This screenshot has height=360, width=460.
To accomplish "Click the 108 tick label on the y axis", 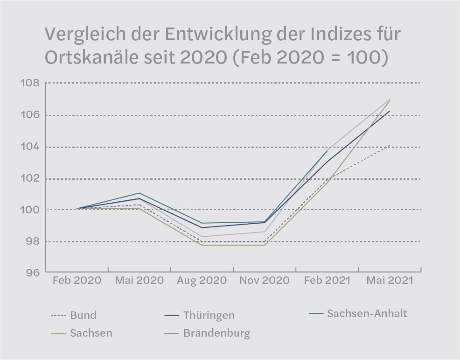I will point(29,84).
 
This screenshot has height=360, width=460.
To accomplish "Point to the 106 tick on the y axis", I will point(29,115).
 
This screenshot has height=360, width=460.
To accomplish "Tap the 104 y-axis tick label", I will point(29,147).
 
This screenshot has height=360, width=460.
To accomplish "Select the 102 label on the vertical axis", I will point(29,179).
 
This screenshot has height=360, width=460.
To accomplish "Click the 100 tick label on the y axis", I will point(29,210).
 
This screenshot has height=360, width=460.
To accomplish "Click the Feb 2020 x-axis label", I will point(77,281).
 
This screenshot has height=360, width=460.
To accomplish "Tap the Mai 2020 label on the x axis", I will point(139,281).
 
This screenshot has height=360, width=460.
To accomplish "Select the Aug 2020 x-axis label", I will point(202,281).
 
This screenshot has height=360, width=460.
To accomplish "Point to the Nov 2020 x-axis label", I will point(264,281).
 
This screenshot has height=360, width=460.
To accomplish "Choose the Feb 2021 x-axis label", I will point(327,281).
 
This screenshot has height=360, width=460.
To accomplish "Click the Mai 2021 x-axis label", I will point(390,281).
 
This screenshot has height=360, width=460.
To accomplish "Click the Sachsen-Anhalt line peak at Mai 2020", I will point(139,193).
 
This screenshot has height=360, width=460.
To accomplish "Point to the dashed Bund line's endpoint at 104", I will point(390,146).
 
